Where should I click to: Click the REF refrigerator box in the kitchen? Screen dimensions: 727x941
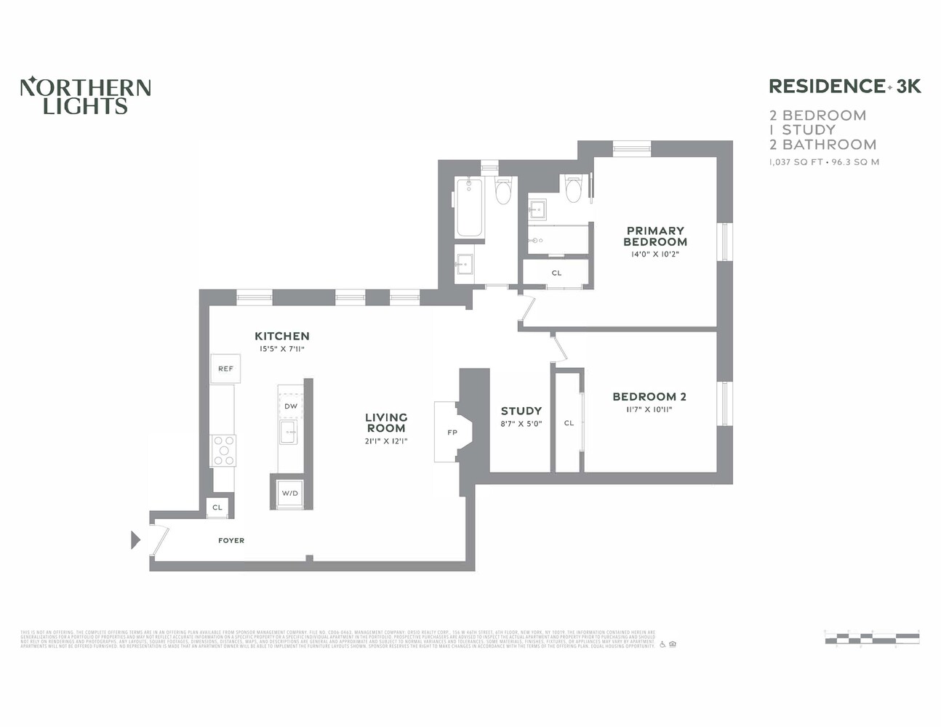click(x=225, y=369)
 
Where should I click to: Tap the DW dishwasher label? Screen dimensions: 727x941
click(x=290, y=406)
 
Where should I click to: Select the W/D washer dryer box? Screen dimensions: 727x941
click(x=289, y=494)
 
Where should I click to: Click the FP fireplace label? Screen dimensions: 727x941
click(x=452, y=433)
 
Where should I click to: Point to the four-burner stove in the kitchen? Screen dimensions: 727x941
click(x=223, y=451)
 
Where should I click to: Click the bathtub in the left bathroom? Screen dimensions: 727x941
click(x=469, y=207)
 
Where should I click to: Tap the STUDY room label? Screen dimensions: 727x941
click(x=521, y=411)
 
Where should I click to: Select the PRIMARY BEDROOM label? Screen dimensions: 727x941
click(x=654, y=236)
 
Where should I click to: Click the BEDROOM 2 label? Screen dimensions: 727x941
click(x=649, y=397)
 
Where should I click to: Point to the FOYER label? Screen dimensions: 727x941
click(x=231, y=541)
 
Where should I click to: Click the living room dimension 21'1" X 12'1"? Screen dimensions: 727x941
click(x=386, y=441)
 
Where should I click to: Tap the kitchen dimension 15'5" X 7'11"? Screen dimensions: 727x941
click(x=281, y=349)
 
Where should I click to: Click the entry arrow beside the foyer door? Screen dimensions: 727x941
click(x=135, y=539)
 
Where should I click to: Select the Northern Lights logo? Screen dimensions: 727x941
click(x=85, y=96)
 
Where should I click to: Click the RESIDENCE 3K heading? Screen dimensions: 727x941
click(x=844, y=87)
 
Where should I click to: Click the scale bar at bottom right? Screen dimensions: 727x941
click(x=871, y=638)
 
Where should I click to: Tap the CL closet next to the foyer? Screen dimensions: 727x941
click(x=217, y=507)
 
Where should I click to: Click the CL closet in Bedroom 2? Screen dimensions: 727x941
click(x=569, y=423)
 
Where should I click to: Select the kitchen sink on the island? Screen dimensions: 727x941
click(x=289, y=432)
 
